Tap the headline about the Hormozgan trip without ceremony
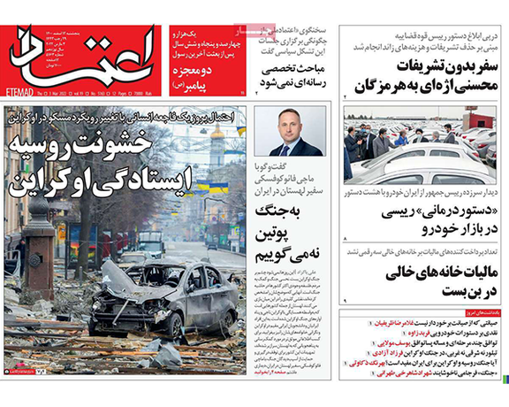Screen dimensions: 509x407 coord(423,76)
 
